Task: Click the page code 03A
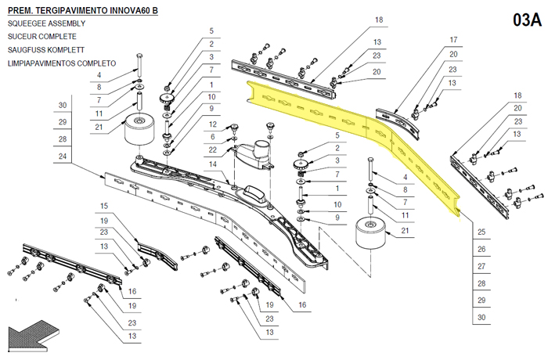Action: tap(527, 20)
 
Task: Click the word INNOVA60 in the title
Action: tap(130, 10)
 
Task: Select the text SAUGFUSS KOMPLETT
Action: tap(46, 50)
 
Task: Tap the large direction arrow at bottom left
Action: tap(34, 335)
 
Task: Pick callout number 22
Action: tap(212, 150)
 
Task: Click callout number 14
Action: tap(212, 164)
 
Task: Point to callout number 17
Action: tap(453, 40)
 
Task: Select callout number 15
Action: tap(104, 206)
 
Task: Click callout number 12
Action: tap(212, 124)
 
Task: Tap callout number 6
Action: tap(212, 137)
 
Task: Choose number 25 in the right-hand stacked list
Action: tap(481, 232)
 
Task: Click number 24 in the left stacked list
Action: tap(62, 156)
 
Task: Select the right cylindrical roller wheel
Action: tap(370, 233)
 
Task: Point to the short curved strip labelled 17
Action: tap(398, 123)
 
